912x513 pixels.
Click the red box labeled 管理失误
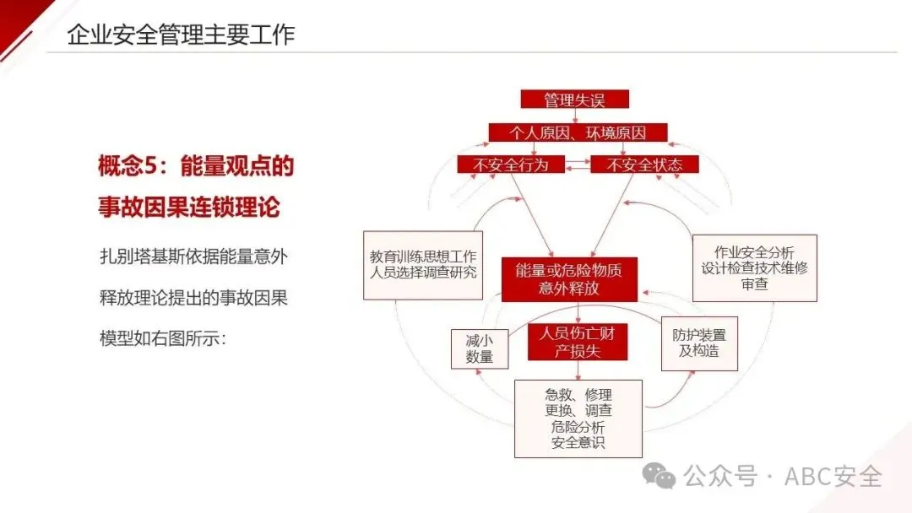[574, 100]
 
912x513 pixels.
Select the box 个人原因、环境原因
[578, 132]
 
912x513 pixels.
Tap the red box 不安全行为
[510, 165]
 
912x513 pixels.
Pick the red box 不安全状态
[644, 165]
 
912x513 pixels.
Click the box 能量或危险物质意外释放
[568, 279]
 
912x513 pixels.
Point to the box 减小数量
[479, 348]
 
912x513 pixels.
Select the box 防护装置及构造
[699, 343]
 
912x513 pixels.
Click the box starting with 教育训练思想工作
[423, 264]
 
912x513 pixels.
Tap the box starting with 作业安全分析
[754, 268]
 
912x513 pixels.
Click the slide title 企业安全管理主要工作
[181, 35]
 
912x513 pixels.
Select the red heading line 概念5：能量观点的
[196, 166]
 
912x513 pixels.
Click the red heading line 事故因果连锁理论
[189, 208]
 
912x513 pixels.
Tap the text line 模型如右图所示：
[163, 338]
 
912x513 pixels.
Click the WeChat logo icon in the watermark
[659, 477]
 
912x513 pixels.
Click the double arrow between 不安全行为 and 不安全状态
[578, 165]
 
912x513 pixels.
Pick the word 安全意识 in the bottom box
[578, 442]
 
